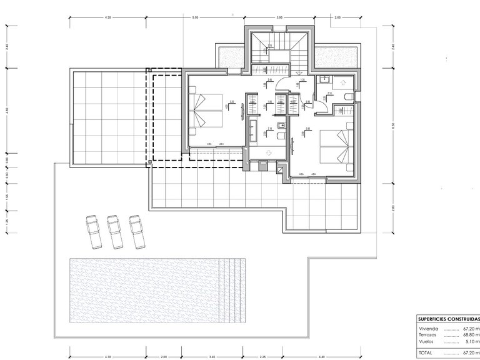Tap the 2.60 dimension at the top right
coord(338,16)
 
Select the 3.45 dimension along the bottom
coord(212,357)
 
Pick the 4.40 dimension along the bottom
coord(321,357)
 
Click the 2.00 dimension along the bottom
coord(163,357)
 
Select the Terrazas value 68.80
coord(469,335)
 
